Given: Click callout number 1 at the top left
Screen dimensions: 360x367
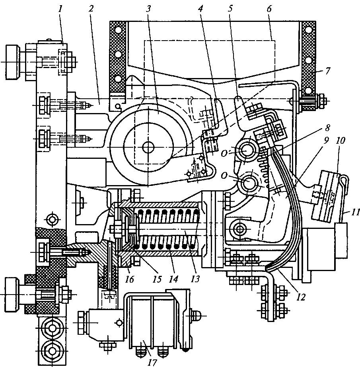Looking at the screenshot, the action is (x=60, y=9).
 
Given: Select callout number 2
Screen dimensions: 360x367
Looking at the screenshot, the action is (x=91, y=9).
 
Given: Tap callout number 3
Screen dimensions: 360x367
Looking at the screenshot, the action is (x=148, y=9).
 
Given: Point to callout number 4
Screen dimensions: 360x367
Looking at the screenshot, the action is (x=200, y=9).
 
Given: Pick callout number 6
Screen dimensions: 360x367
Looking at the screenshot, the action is (x=269, y=9).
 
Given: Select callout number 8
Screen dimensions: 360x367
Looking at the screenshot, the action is (x=327, y=128).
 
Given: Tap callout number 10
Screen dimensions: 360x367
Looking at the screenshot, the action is (x=341, y=141).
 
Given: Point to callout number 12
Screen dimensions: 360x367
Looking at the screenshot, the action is (x=301, y=297).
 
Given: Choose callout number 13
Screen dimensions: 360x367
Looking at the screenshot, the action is (x=195, y=279).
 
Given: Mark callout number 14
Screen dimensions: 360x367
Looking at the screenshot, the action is (x=173, y=279).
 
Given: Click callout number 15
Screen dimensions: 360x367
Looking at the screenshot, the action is (x=157, y=279).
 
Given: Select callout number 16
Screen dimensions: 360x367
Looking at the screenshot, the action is (x=130, y=279).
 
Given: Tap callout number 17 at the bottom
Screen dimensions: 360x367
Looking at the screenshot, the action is (x=152, y=363).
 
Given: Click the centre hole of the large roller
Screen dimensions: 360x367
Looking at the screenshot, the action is (x=148, y=147).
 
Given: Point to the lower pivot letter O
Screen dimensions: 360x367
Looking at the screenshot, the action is (x=224, y=176).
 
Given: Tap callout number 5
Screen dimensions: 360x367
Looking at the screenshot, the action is (x=230, y=9).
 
